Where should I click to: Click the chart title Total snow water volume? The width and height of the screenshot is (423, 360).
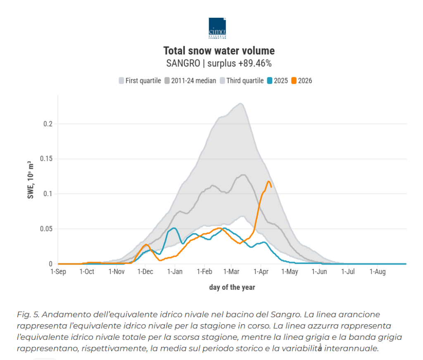(x=219, y=51)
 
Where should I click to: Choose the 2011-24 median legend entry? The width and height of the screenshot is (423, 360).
(x=190, y=81)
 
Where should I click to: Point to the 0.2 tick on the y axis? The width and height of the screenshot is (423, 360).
(x=48, y=124)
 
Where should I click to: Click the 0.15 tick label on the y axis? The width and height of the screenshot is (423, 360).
(x=46, y=159)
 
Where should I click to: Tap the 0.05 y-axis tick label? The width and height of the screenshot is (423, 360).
(x=46, y=229)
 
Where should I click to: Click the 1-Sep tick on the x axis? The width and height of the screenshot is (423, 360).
(x=58, y=272)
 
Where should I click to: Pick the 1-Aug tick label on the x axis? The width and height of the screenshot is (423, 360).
(x=377, y=272)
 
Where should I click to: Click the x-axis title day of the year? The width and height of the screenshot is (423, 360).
(x=232, y=287)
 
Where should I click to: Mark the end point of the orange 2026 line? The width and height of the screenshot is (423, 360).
(x=271, y=187)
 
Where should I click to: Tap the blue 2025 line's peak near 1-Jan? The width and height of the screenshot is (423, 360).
(x=174, y=228)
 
